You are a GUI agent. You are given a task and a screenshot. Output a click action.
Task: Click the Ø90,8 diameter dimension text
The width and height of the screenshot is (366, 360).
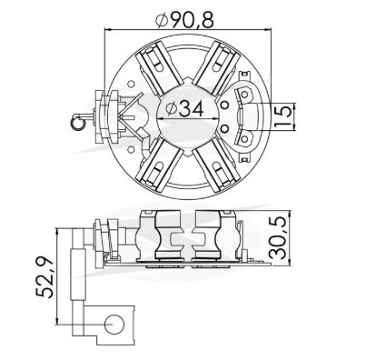point(184,19)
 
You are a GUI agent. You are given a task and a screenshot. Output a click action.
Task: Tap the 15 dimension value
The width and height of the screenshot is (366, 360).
point(284,115)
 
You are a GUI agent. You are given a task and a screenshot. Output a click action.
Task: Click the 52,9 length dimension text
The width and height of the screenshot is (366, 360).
point(45,277)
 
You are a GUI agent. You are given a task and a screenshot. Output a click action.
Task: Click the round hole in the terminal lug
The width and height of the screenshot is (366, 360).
point(114,324)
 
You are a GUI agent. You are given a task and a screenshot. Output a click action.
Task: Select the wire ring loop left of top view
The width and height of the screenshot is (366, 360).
point(77,123)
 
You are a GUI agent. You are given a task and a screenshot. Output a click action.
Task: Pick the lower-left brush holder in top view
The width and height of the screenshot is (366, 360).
point(160,165)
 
